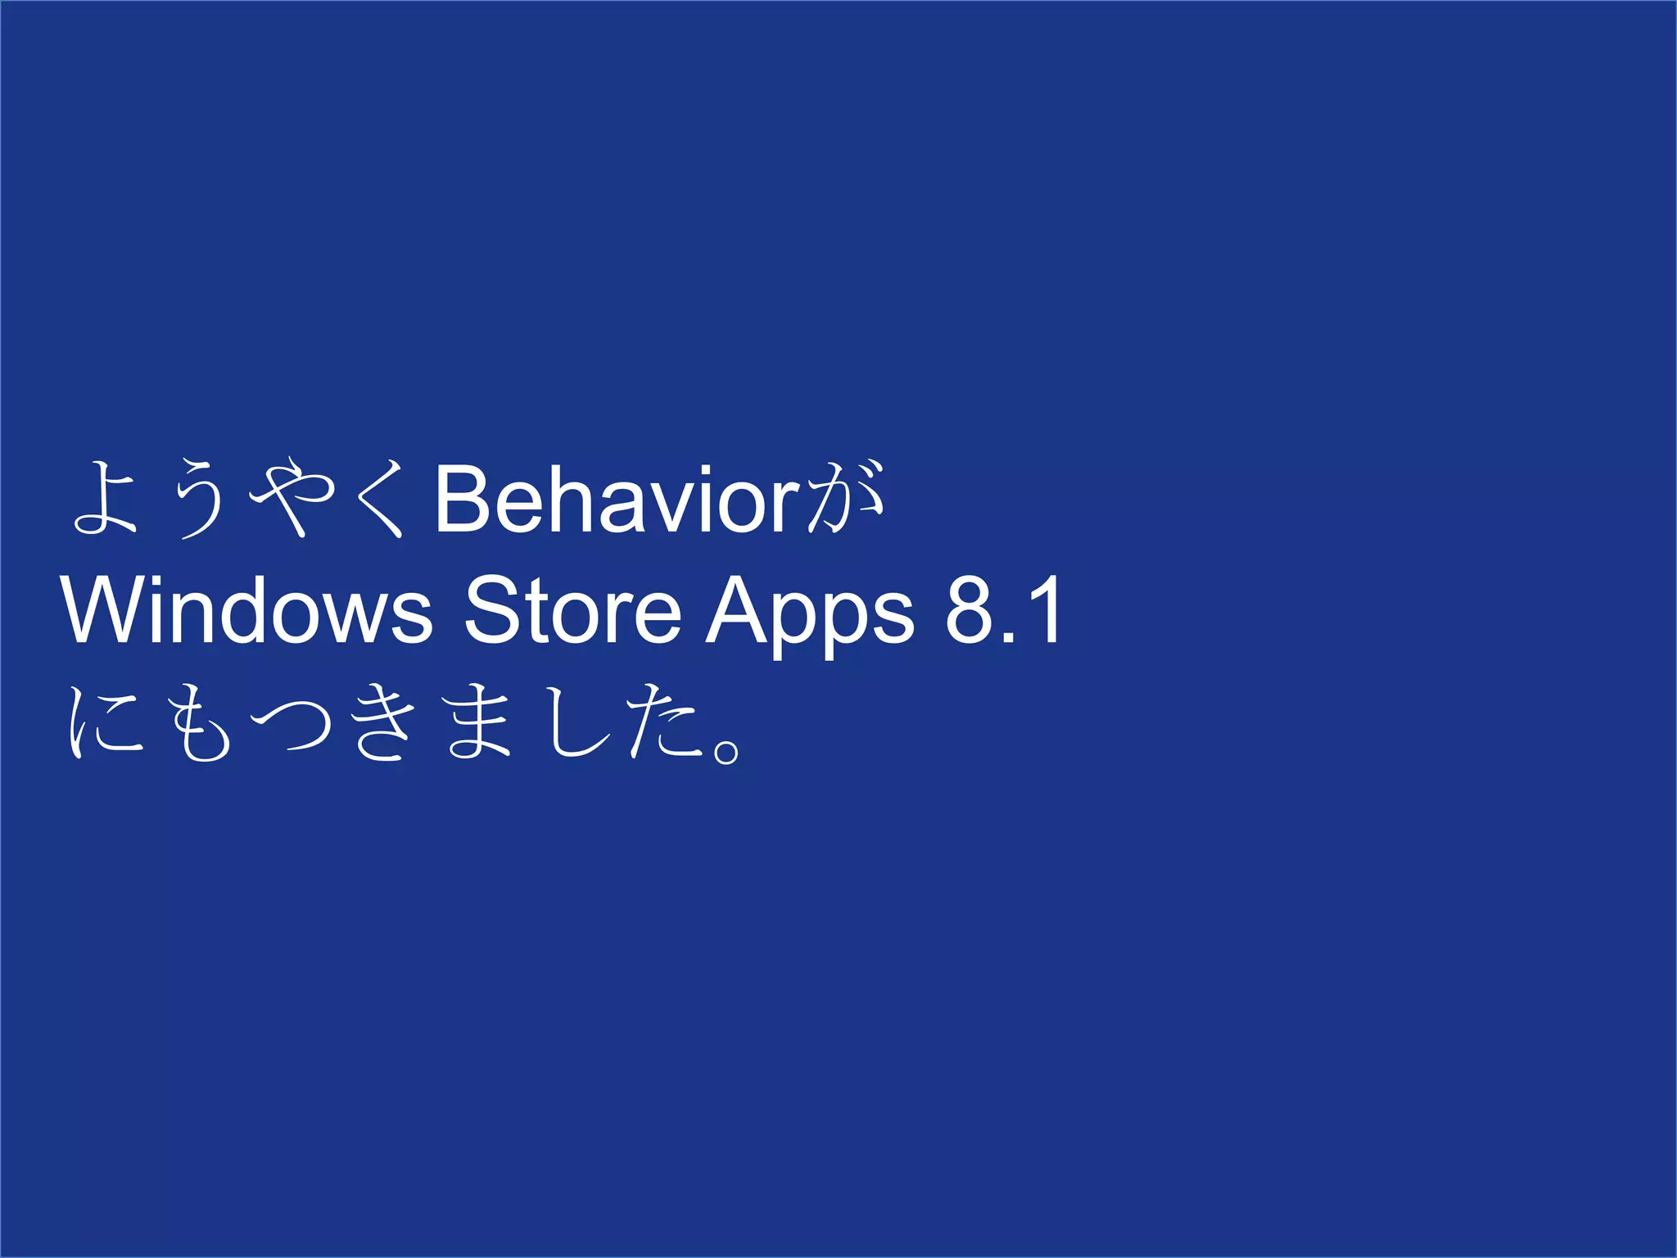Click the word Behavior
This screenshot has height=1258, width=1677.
[616, 499]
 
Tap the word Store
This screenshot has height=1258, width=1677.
[572, 611]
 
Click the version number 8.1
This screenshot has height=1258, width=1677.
[1003, 611]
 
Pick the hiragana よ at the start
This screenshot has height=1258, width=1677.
[105, 499]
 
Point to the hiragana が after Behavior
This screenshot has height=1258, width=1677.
[846, 499]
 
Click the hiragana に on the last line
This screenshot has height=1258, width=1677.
[105, 722]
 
